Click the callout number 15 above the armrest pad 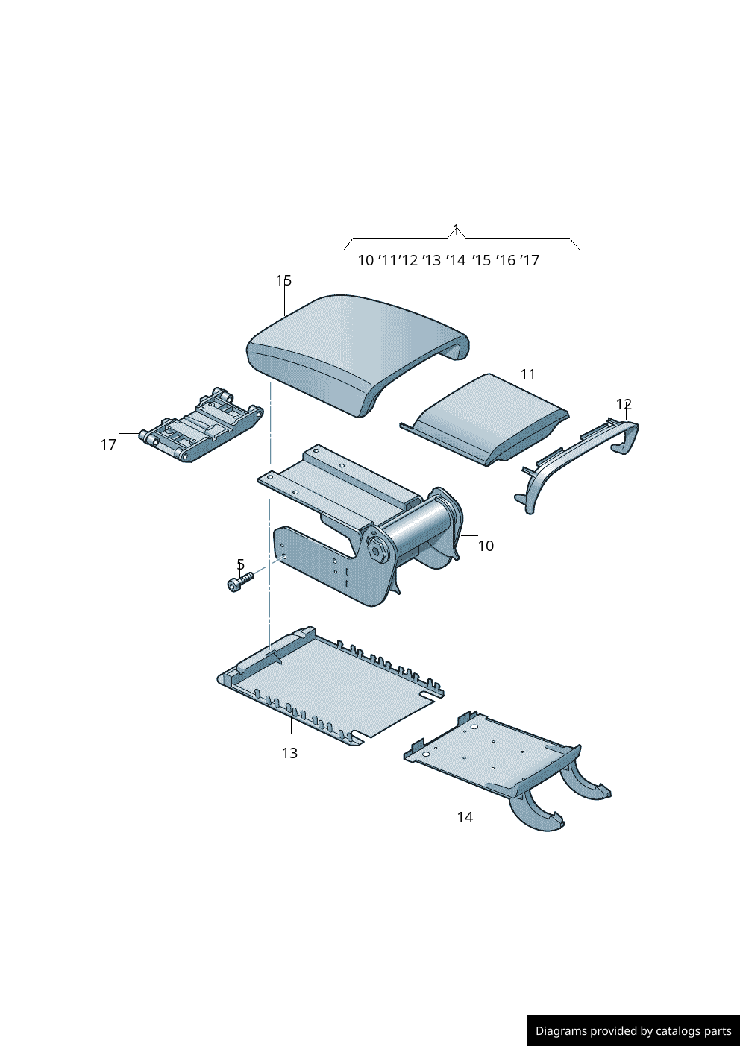coord(283,280)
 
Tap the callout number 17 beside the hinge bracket coord(108,444)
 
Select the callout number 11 coord(528,374)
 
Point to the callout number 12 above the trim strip coord(624,404)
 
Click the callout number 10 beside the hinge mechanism coord(486,546)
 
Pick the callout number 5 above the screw coord(241,564)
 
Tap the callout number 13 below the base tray coord(289,753)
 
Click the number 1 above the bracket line coord(456,230)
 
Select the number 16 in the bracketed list coord(507,260)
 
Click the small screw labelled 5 coord(241,582)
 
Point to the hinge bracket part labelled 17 coord(201,425)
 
